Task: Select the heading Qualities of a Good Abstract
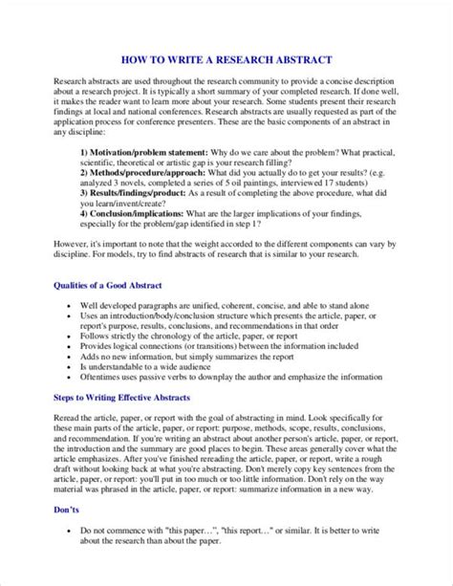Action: [x=108, y=287]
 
